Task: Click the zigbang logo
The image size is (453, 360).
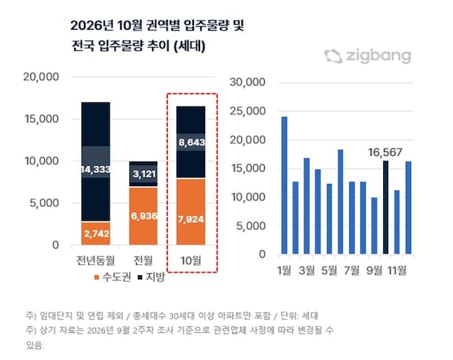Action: pyautogui.click(x=368, y=56)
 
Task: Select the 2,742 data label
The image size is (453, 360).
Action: pyautogui.click(x=96, y=233)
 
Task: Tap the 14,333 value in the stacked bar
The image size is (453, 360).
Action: pyautogui.click(x=96, y=169)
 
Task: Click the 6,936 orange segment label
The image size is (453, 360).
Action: pyautogui.click(x=143, y=216)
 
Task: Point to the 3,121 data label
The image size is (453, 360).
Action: pyautogui.click(x=144, y=174)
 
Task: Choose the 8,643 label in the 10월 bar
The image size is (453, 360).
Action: pyautogui.click(x=191, y=142)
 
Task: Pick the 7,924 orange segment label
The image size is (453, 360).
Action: pyautogui.click(x=191, y=219)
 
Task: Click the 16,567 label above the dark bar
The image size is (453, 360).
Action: pyautogui.click(x=385, y=152)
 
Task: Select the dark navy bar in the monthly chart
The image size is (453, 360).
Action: pyautogui.click(x=385, y=208)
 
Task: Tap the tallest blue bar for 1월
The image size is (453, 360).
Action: pyautogui.click(x=285, y=186)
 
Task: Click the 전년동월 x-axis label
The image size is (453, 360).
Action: pyautogui.click(x=96, y=260)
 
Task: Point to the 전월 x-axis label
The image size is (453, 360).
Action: pyautogui.click(x=143, y=260)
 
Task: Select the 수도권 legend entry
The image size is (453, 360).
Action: pyautogui.click(x=113, y=277)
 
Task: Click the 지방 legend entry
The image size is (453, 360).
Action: pyautogui.click(x=151, y=277)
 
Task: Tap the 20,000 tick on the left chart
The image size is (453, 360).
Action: pyautogui.click(x=41, y=77)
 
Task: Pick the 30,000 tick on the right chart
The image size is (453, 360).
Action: pyautogui.click(x=247, y=82)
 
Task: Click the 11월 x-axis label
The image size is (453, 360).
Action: pyautogui.click(x=396, y=270)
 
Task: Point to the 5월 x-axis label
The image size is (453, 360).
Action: pyautogui.click(x=329, y=270)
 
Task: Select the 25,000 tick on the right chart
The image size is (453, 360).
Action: pyautogui.click(x=247, y=110)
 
